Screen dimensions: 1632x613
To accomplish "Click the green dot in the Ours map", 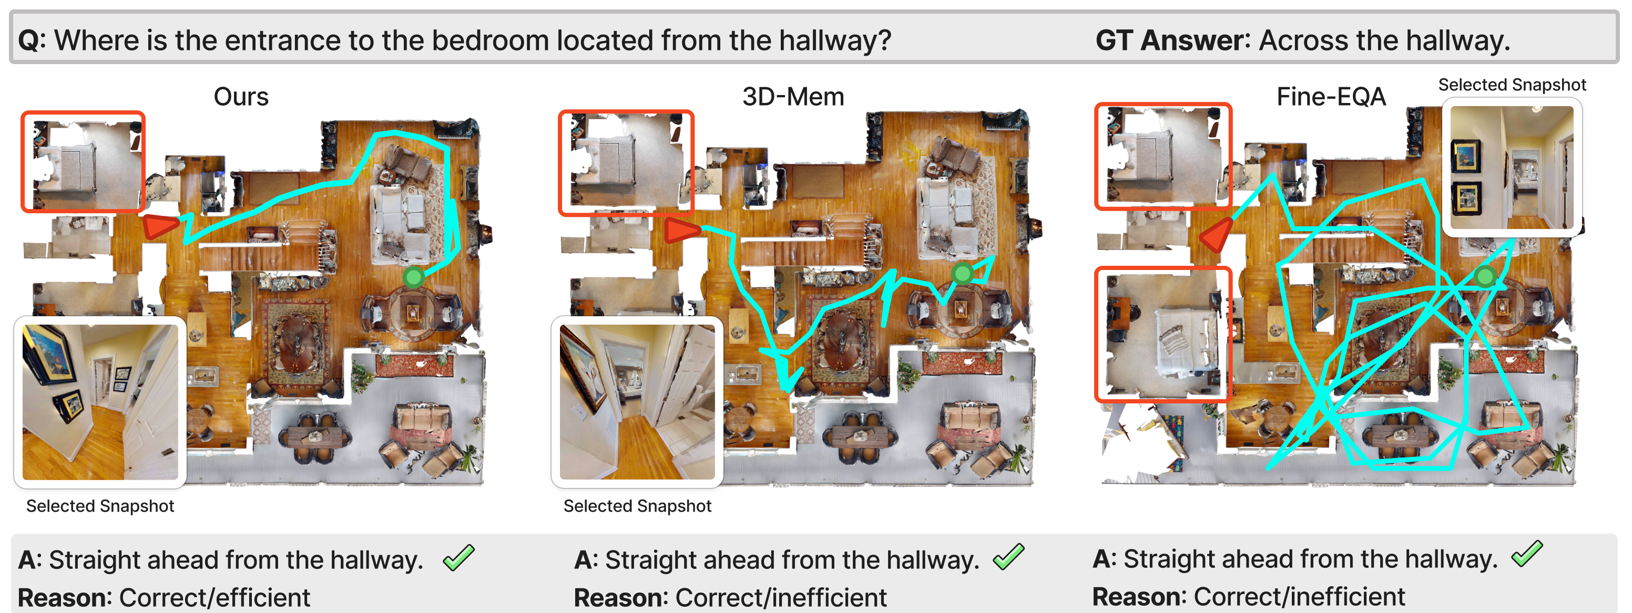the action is pos(414,277).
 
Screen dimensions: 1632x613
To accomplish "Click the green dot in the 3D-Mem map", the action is pos(962,274).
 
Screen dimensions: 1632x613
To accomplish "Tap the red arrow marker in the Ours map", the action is pos(161,226).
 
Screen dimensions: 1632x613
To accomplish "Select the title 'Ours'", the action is pos(241,97).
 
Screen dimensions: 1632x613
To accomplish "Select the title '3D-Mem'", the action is pos(793,97).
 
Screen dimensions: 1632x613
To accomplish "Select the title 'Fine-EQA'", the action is pos(1331,97).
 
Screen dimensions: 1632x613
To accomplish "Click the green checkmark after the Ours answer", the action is pos(458,557).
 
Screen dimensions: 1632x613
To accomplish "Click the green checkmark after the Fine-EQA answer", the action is pos(1527,554).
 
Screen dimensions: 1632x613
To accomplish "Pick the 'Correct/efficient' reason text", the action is pos(214,598).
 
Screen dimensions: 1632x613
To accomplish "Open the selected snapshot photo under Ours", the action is pos(100,402).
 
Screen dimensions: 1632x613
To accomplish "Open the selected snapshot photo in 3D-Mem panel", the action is pos(637,402).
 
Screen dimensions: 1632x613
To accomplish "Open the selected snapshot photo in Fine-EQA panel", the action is pos(1512,167).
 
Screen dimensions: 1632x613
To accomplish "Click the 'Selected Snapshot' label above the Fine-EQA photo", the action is pos(1512,85).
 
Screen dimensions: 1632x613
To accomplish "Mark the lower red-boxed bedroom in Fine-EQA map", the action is pos(1163,335).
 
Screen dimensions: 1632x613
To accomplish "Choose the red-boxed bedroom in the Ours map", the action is pos(83,161).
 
